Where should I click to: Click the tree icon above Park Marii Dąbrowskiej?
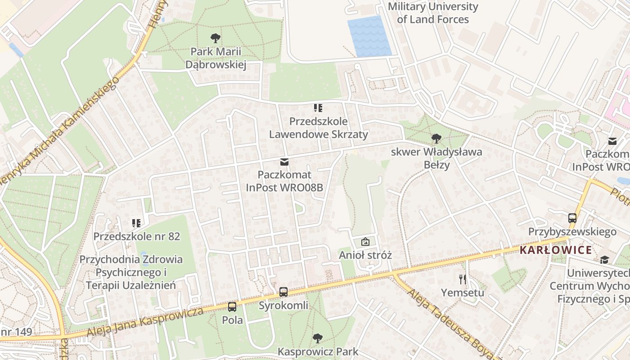click(x=216, y=38)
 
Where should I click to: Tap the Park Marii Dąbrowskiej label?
click(x=216, y=58)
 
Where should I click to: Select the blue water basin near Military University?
click(x=369, y=36)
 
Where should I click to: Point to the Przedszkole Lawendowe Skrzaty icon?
click(x=318, y=108)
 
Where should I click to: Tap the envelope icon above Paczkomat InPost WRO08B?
click(x=284, y=162)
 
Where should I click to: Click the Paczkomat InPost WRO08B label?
click(x=284, y=181)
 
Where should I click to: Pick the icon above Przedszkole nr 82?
click(x=136, y=223)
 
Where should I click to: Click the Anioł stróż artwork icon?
click(x=365, y=242)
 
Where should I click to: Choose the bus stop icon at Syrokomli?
click(x=283, y=292)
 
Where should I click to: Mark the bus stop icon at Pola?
click(x=232, y=307)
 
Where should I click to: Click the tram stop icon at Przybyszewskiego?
click(x=572, y=218)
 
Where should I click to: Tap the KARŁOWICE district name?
click(x=556, y=250)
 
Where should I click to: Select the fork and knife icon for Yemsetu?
click(x=462, y=279)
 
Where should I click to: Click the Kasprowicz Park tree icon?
click(x=318, y=338)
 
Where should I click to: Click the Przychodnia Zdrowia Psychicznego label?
click(x=131, y=272)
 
